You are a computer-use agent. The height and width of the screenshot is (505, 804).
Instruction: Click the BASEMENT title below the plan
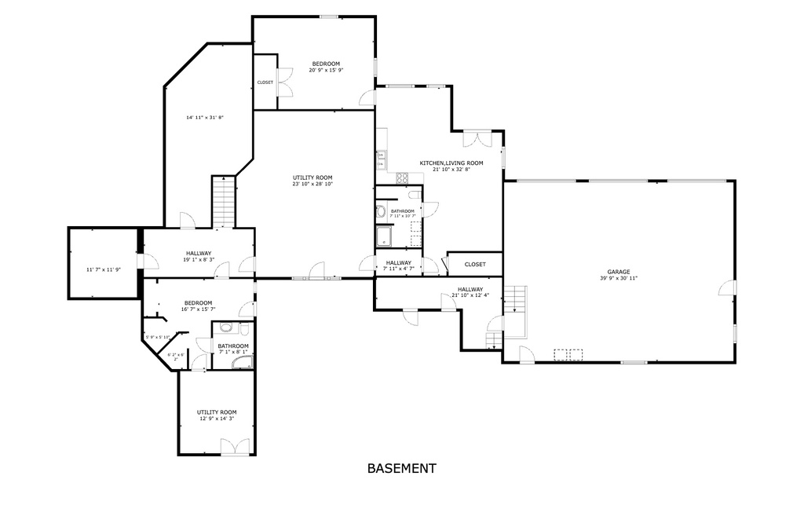[x=401, y=469]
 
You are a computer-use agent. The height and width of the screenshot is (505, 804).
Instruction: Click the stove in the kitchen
[x=402, y=178]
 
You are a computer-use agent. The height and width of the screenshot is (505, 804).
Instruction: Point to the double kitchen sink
[x=380, y=159]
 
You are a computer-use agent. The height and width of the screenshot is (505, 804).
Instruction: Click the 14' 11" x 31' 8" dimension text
[x=205, y=118]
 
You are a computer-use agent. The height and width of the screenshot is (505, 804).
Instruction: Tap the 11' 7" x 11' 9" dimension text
[x=104, y=270]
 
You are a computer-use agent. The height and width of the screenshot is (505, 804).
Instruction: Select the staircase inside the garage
[x=514, y=299]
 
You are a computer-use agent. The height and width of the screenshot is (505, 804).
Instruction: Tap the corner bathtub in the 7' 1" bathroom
[x=244, y=362]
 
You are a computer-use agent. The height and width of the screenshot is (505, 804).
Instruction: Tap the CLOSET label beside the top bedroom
[x=265, y=82]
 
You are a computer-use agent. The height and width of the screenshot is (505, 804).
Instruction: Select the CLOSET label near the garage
[x=475, y=264]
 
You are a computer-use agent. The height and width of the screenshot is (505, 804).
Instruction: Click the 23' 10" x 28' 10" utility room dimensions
[x=313, y=181]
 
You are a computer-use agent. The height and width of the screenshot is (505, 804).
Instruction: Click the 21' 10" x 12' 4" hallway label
[x=470, y=292]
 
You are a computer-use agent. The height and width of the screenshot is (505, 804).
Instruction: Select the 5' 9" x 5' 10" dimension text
[x=157, y=338]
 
